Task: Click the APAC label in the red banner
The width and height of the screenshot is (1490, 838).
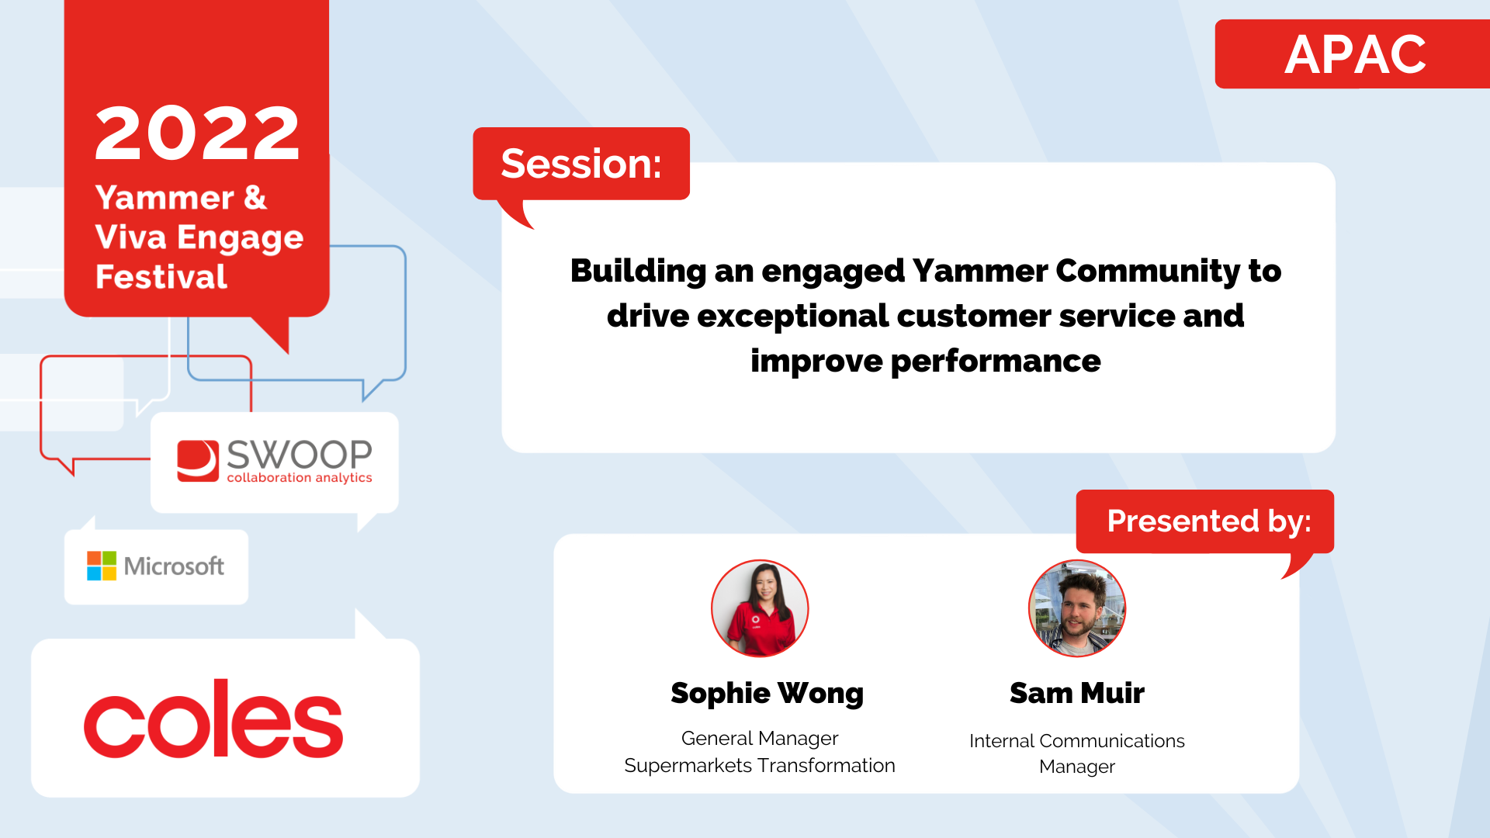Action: pyautogui.click(x=1355, y=54)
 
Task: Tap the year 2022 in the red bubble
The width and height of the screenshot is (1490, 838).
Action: pyautogui.click(x=197, y=133)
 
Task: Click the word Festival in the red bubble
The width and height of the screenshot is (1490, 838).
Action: pyautogui.click(x=161, y=277)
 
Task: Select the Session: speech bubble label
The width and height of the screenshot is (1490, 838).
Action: pyautogui.click(x=581, y=164)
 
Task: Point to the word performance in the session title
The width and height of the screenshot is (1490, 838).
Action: pyautogui.click(x=996, y=362)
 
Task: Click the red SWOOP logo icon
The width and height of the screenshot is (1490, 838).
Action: pyautogui.click(x=198, y=461)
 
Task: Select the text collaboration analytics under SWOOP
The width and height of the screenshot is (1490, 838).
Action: pyautogui.click(x=300, y=478)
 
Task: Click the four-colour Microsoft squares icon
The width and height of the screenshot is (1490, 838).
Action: pyautogui.click(x=102, y=566)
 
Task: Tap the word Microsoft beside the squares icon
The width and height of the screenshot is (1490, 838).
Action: pyautogui.click(x=174, y=566)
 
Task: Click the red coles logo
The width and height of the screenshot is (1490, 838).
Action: pyautogui.click(x=213, y=719)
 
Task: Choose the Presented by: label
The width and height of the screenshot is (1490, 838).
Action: pyautogui.click(x=1209, y=521)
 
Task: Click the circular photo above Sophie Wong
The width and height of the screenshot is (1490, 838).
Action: pyautogui.click(x=760, y=608)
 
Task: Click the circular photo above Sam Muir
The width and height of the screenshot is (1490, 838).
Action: pyautogui.click(x=1077, y=608)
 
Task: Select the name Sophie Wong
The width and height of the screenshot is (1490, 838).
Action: pyautogui.click(x=767, y=694)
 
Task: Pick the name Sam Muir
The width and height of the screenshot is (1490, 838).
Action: pyautogui.click(x=1077, y=693)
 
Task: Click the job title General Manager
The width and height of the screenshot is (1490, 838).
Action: pyautogui.click(x=760, y=738)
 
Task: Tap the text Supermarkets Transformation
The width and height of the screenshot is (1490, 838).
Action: pyautogui.click(x=760, y=765)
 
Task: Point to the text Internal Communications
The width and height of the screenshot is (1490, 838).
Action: pyautogui.click(x=1077, y=741)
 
